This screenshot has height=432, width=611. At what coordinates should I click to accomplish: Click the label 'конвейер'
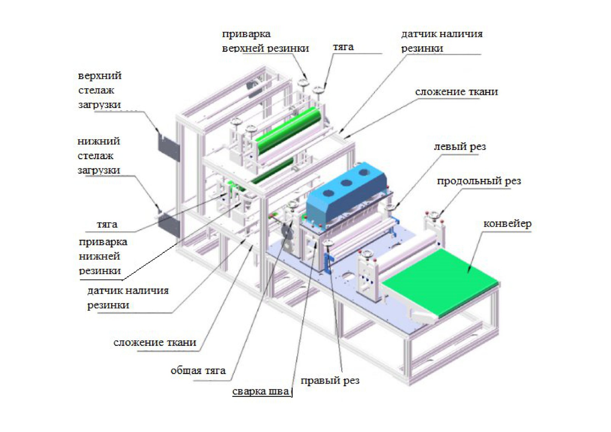click(x=507, y=224)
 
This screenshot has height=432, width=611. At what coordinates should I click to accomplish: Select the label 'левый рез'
click(x=460, y=147)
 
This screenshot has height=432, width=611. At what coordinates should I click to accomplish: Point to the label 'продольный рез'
click(x=479, y=181)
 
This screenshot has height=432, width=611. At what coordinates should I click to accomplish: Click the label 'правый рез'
click(x=330, y=380)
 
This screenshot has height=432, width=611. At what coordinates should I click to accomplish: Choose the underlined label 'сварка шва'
click(x=261, y=391)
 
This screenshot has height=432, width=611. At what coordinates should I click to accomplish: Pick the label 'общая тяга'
click(x=198, y=371)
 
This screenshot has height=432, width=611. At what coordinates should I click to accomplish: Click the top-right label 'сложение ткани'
click(x=456, y=92)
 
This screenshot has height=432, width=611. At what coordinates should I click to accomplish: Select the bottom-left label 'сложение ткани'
click(x=155, y=343)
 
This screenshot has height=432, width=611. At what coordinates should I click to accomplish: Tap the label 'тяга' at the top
click(x=343, y=47)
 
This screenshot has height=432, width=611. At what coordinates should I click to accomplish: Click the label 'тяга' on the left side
click(x=107, y=224)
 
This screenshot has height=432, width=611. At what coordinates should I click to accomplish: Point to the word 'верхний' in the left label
click(x=100, y=76)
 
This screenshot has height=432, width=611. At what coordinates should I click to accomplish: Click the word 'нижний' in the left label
click(x=99, y=141)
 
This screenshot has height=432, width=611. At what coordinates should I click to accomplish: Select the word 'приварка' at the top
click(x=246, y=34)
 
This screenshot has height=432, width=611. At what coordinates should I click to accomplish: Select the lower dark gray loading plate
click(x=169, y=224)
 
